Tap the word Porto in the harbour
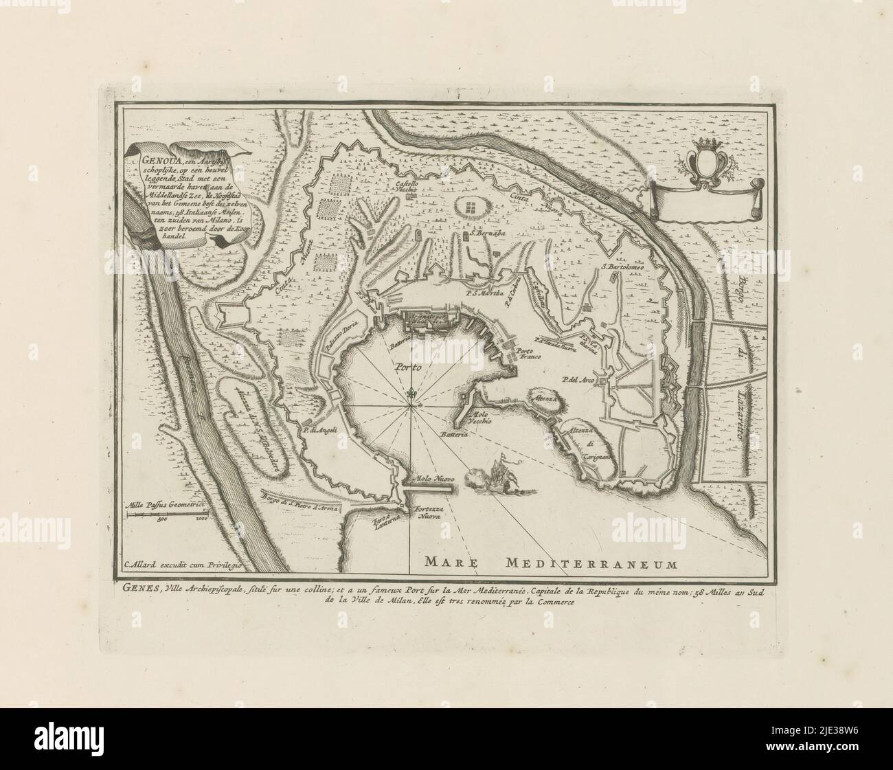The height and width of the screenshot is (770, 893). pyautogui.click(x=407, y=367)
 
